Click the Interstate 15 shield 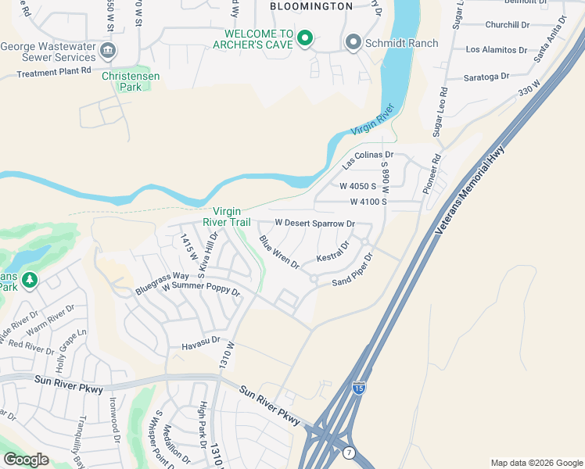358,388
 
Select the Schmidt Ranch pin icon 354,43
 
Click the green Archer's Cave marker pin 305,38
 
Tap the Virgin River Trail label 227,217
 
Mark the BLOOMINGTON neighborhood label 310,6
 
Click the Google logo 26,460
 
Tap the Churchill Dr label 508,25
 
